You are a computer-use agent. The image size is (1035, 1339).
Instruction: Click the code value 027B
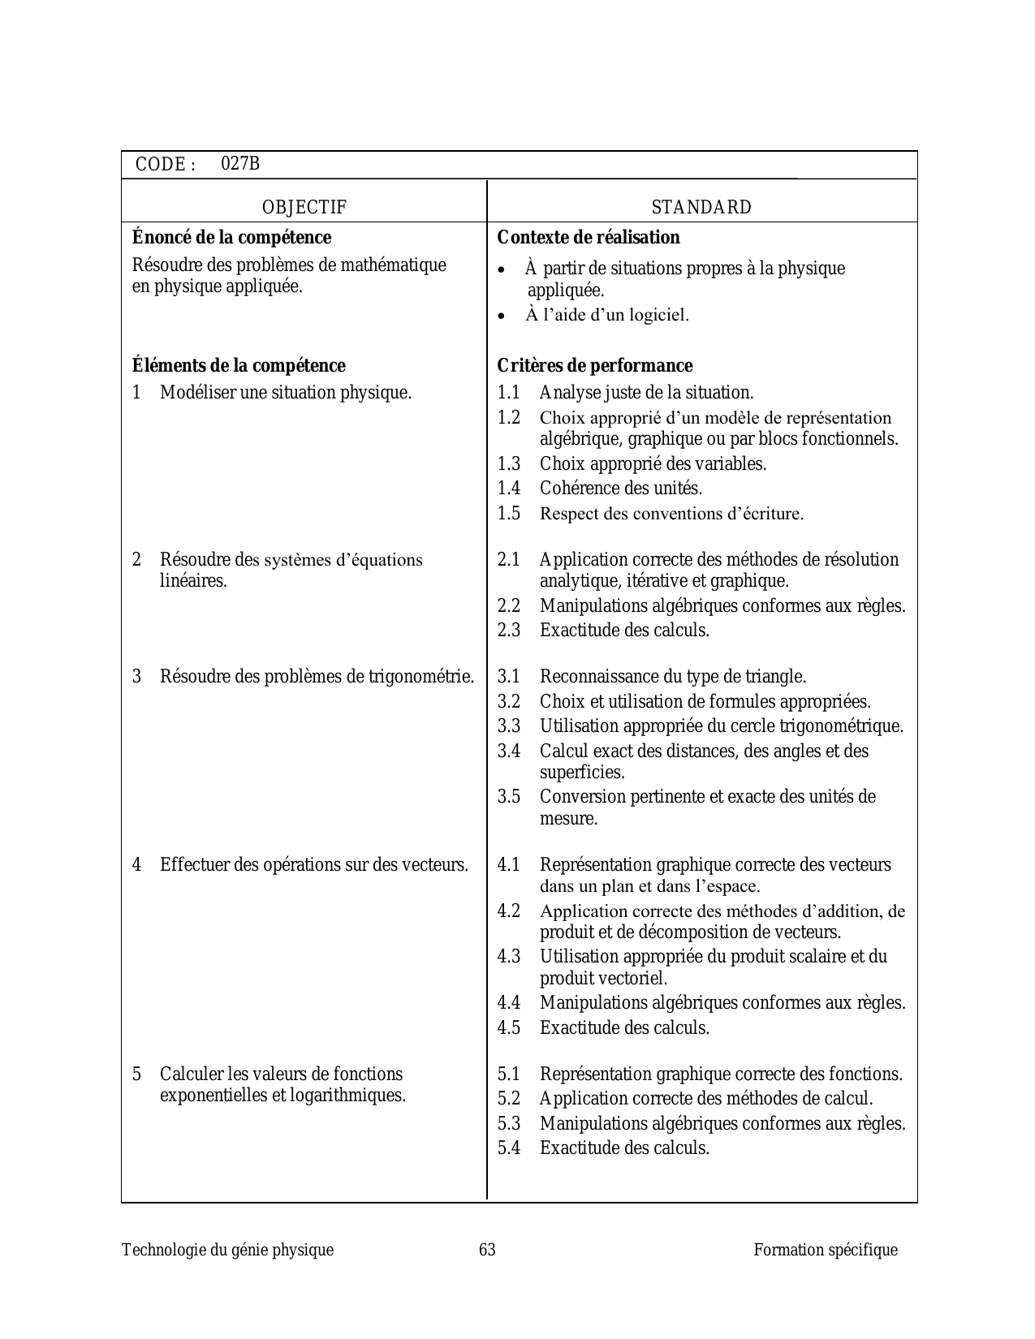click(x=240, y=164)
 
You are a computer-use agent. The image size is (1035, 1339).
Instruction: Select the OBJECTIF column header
click(x=304, y=207)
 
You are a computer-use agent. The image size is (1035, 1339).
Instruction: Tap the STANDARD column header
click(x=701, y=207)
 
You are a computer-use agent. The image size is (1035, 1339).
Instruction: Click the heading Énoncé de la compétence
click(x=231, y=238)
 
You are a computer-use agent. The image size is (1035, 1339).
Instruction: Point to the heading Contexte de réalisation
click(x=589, y=238)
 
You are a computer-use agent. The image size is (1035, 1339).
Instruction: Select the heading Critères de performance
click(x=595, y=366)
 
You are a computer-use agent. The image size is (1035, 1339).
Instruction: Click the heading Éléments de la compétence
click(x=239, y=366)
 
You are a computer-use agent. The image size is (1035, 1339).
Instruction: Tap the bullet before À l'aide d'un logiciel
click(x=503, y=316)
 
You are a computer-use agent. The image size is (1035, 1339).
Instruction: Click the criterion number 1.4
click(x=509, y=489)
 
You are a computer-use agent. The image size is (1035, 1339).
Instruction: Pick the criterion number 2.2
click(x=509, y=606)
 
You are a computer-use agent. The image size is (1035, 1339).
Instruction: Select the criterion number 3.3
click(x=509, y=726)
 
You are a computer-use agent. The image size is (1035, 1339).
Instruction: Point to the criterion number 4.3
click(x=509, y=957)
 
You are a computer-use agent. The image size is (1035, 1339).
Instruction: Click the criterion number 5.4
click(x=509, y=1148)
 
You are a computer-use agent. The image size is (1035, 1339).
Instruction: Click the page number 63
click(x=487, y=1250)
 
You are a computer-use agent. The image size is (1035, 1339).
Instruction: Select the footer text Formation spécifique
click(x=826, y=1250)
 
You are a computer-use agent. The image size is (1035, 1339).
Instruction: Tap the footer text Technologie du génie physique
click(x=227, y=1250)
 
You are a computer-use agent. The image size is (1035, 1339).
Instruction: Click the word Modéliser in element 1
click(x=197, y=393)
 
